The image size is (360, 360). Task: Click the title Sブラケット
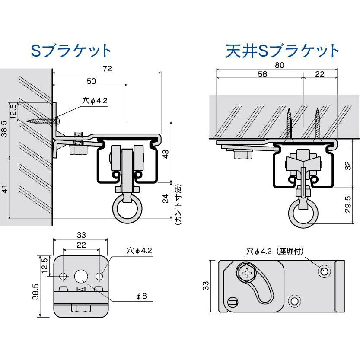pyautogui.click(x=72, y=51)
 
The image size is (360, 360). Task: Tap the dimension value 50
pyautogui.click(x=91, y=81)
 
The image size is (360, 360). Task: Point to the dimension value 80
pyautogui.click(x=279, y=65)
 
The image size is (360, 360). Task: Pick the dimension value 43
pyautogui.click(x=166, y=154)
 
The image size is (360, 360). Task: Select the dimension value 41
pyautogui.click(x=4, y=188)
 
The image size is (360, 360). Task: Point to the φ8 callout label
pyautogui.click(x=141, y=296)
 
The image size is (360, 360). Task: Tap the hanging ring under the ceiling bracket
pyautogui.click(x=302, y=213)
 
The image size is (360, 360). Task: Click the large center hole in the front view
pyautogui.click(x=81, y=276)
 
